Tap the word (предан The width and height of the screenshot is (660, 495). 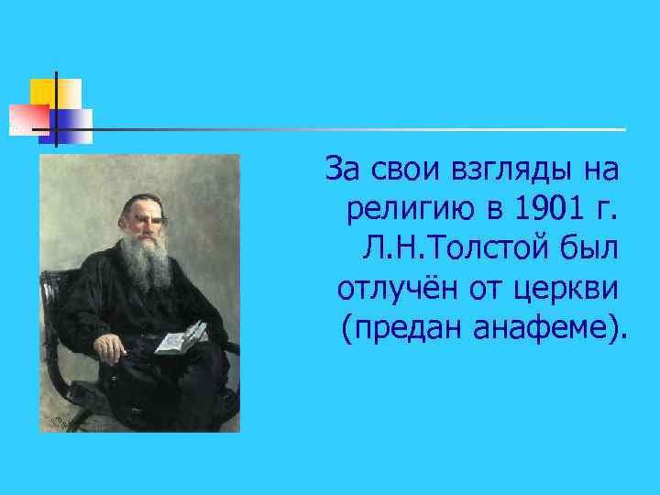(389, 327)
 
